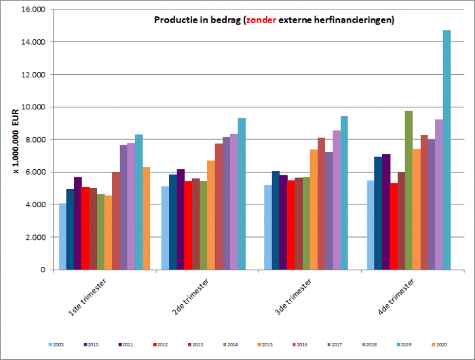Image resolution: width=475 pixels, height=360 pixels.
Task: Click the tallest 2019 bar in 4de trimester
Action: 446,149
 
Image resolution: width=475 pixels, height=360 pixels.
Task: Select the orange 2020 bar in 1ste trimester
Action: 147,218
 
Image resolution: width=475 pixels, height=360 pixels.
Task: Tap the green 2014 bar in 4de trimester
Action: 408,190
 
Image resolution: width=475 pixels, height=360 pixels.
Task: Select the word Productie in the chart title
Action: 172,20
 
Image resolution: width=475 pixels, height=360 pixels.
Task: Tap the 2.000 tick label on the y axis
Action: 35,237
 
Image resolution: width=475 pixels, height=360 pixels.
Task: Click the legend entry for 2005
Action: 58,345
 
